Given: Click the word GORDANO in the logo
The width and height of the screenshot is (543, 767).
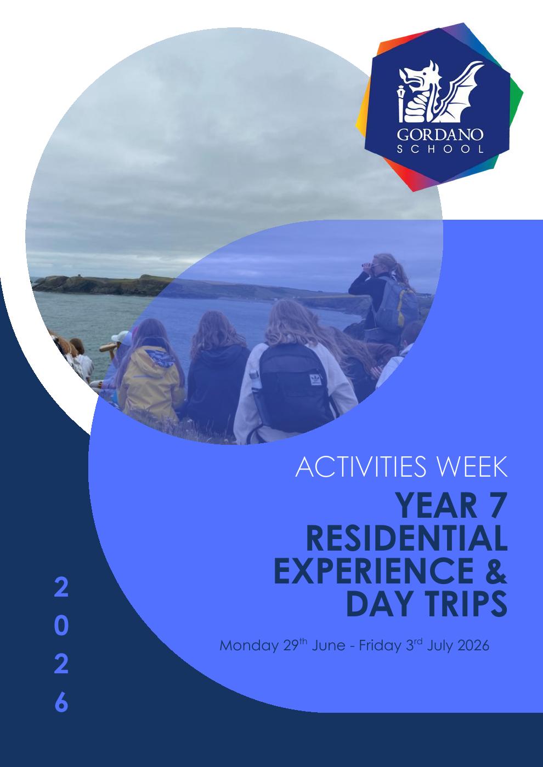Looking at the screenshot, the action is coord(440,134).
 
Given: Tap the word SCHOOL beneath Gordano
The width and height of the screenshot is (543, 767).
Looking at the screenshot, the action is coord(440,149).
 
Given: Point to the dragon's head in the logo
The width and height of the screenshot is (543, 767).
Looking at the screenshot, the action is coord(420,76).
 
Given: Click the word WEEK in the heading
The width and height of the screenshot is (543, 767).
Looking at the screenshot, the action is coord(470,466).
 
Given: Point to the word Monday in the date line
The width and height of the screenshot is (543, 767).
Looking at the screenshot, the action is coord(248,646).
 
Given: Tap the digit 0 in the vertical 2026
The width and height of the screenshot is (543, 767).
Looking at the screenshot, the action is coord(61,626).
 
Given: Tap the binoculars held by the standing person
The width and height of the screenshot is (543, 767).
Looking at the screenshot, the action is coord(367,265).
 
